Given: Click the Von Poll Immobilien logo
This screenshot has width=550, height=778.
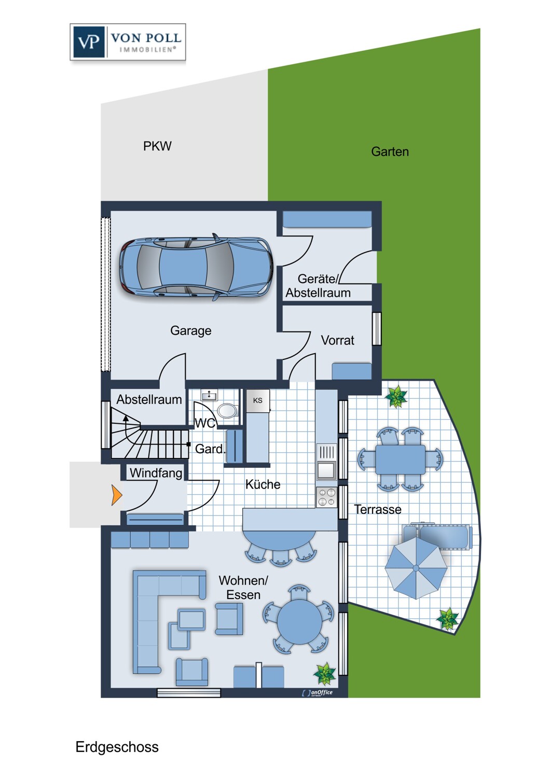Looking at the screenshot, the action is click(128, 42).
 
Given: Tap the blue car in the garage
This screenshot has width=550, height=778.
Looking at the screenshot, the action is click(196, 267).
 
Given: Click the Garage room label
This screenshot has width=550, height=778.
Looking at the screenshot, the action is click(191, 331).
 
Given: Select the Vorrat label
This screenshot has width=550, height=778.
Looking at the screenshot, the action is click(337, 340).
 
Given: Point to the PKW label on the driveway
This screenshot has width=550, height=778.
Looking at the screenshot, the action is click(157, 146).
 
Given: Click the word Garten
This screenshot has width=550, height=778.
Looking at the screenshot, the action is click(390, 151).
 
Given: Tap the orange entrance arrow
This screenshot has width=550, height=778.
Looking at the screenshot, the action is click(116, 495).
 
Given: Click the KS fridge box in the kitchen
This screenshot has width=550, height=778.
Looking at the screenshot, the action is click(258, 400).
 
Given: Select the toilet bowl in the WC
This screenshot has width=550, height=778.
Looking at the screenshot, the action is click(228, 410).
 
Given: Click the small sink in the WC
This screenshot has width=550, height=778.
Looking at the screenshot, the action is click(209, 395).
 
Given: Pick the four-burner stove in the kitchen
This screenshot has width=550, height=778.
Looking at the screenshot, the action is click(326, 497).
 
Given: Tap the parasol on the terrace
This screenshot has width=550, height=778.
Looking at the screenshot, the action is click(416, 568).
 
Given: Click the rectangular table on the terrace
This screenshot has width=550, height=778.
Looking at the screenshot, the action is click(400, 459).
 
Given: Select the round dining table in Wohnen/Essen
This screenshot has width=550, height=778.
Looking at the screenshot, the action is click(299, 622).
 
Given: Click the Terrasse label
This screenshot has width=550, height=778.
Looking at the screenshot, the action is click(378, 509).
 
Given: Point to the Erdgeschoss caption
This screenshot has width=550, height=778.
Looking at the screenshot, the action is click(117, 747).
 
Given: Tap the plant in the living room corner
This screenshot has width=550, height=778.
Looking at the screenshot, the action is click(324, 674).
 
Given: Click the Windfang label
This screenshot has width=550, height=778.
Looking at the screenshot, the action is click(156, 473).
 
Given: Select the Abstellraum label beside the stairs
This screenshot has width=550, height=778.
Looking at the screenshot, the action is click(149, 399).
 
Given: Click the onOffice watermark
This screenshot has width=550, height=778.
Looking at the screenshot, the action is click(317, 692).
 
